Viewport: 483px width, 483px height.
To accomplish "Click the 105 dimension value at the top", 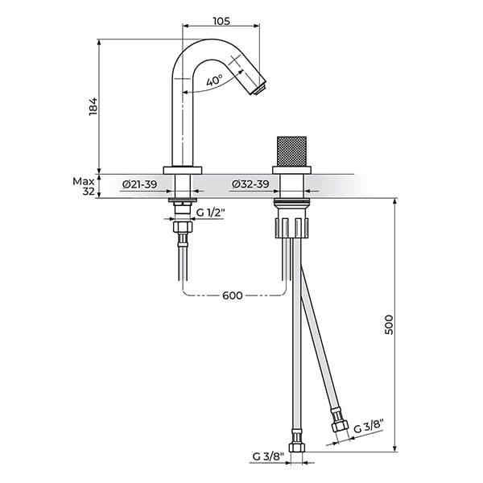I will (222, 21).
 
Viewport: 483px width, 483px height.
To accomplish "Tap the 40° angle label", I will (214, 82).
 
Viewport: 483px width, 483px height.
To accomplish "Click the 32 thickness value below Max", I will (89, 192).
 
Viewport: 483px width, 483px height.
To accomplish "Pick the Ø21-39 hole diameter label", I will (140, 185).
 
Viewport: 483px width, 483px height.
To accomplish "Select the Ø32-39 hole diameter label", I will (250, 185).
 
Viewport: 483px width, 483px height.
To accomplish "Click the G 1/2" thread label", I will (212, 213).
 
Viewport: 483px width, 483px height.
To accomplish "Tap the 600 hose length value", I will (233, 295).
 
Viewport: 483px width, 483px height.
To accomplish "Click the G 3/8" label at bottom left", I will (267, 456).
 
